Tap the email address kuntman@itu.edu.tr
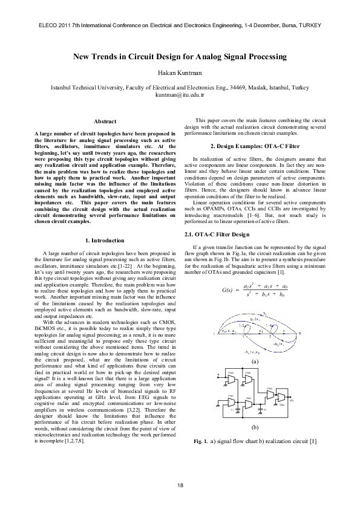(x=180, y=95)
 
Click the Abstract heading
(x=105, y=122)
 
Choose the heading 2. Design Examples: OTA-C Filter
(x=255, y=147)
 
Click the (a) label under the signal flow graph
(x=255, y=360)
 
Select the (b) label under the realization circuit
(x=255, y=426)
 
